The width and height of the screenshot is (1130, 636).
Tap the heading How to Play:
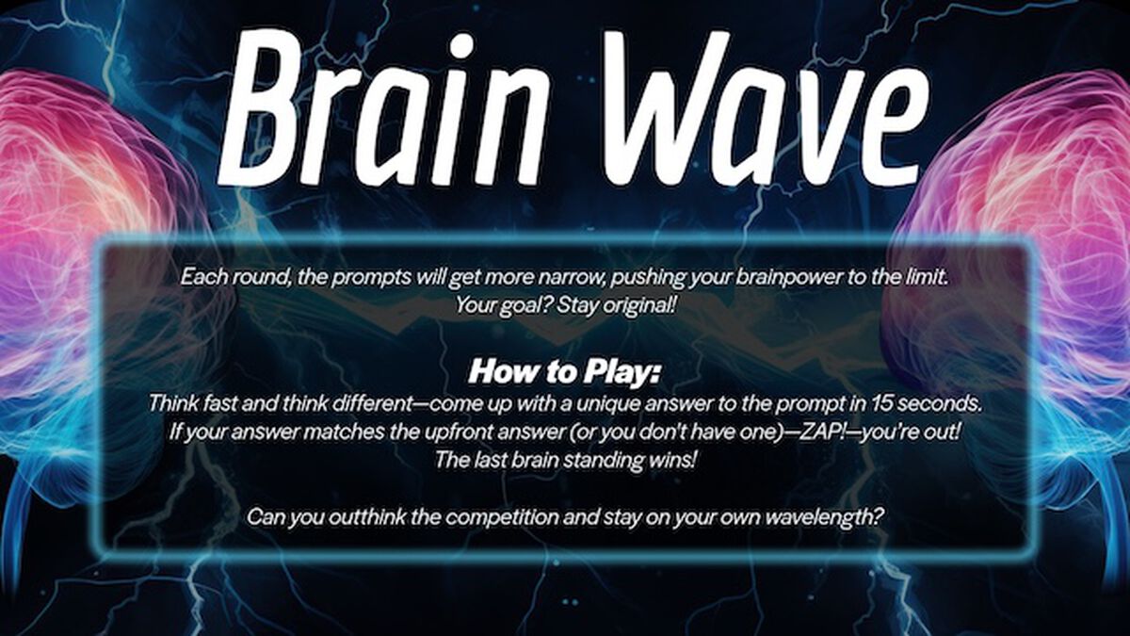[x=565, y=371]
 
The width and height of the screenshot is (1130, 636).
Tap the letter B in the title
[x=259, y=108]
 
